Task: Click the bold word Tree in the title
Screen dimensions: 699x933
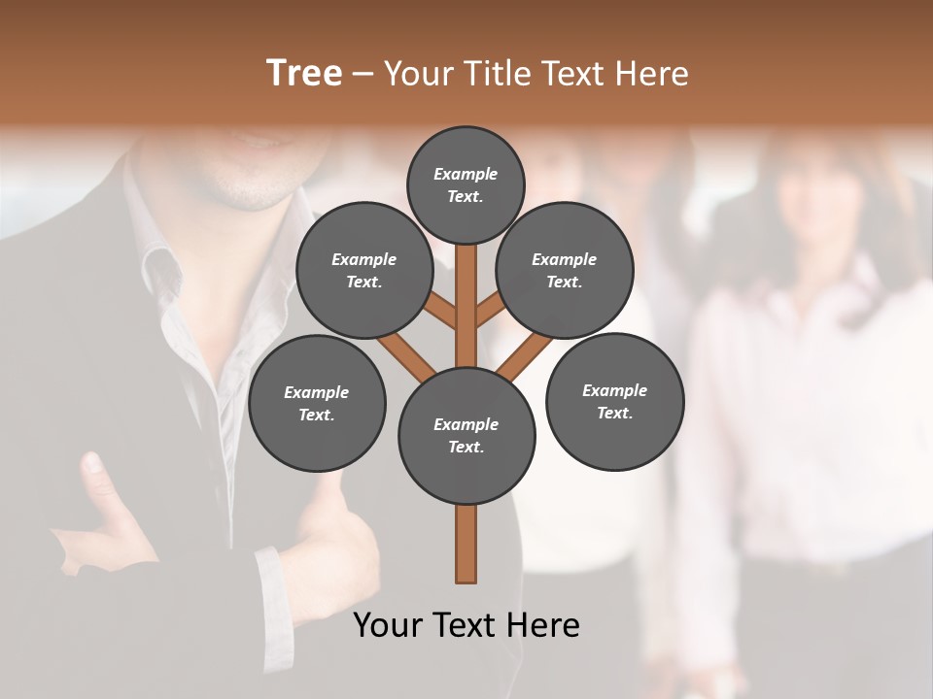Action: pos(304,73)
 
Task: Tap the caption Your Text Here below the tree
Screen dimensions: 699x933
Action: pos(466,625)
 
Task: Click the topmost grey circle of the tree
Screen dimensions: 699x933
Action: pos(466,184)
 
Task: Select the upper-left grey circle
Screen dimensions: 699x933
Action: pos(363,271)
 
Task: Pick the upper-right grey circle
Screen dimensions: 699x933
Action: pos(565,271)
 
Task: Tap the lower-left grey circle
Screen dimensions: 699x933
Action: pos(317,404)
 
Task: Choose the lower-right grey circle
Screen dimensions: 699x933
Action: pos(614,402)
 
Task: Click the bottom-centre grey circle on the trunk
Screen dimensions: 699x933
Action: pos(466,436)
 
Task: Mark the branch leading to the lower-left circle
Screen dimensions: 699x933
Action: pos(405,355)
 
